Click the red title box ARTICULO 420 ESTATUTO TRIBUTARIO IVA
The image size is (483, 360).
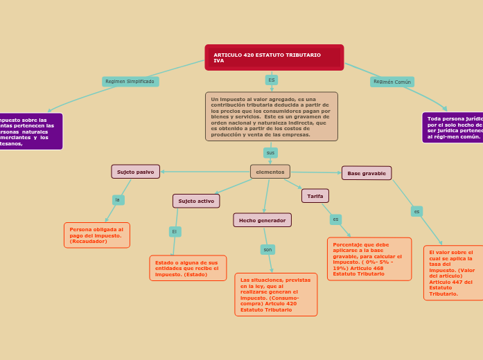point(274,57)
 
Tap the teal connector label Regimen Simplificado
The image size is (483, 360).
point(130,82)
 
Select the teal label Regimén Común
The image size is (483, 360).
point(392,82)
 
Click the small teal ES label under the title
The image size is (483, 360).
point(272,80)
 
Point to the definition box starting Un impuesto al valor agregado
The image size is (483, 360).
point(272,116)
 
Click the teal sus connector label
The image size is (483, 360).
point(270,152)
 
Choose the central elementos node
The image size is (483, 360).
point(270,172)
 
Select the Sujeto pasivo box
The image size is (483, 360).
point(136,172)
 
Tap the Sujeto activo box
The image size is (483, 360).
point(196,201)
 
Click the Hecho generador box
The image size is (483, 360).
point(262,220)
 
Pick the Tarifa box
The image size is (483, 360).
point(315,196)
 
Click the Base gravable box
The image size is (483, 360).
point(367,173)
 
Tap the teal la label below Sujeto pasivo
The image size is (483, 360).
point(118,200)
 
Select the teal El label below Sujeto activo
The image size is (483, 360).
point(175,231)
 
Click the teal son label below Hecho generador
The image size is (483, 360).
point(267,249)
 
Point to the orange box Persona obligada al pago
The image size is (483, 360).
point(97,235)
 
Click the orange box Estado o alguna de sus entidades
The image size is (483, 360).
point(188,268)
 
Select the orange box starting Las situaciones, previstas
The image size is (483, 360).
point(276,295)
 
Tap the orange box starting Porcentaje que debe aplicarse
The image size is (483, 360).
point(369,259)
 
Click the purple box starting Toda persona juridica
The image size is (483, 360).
point(454,127)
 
